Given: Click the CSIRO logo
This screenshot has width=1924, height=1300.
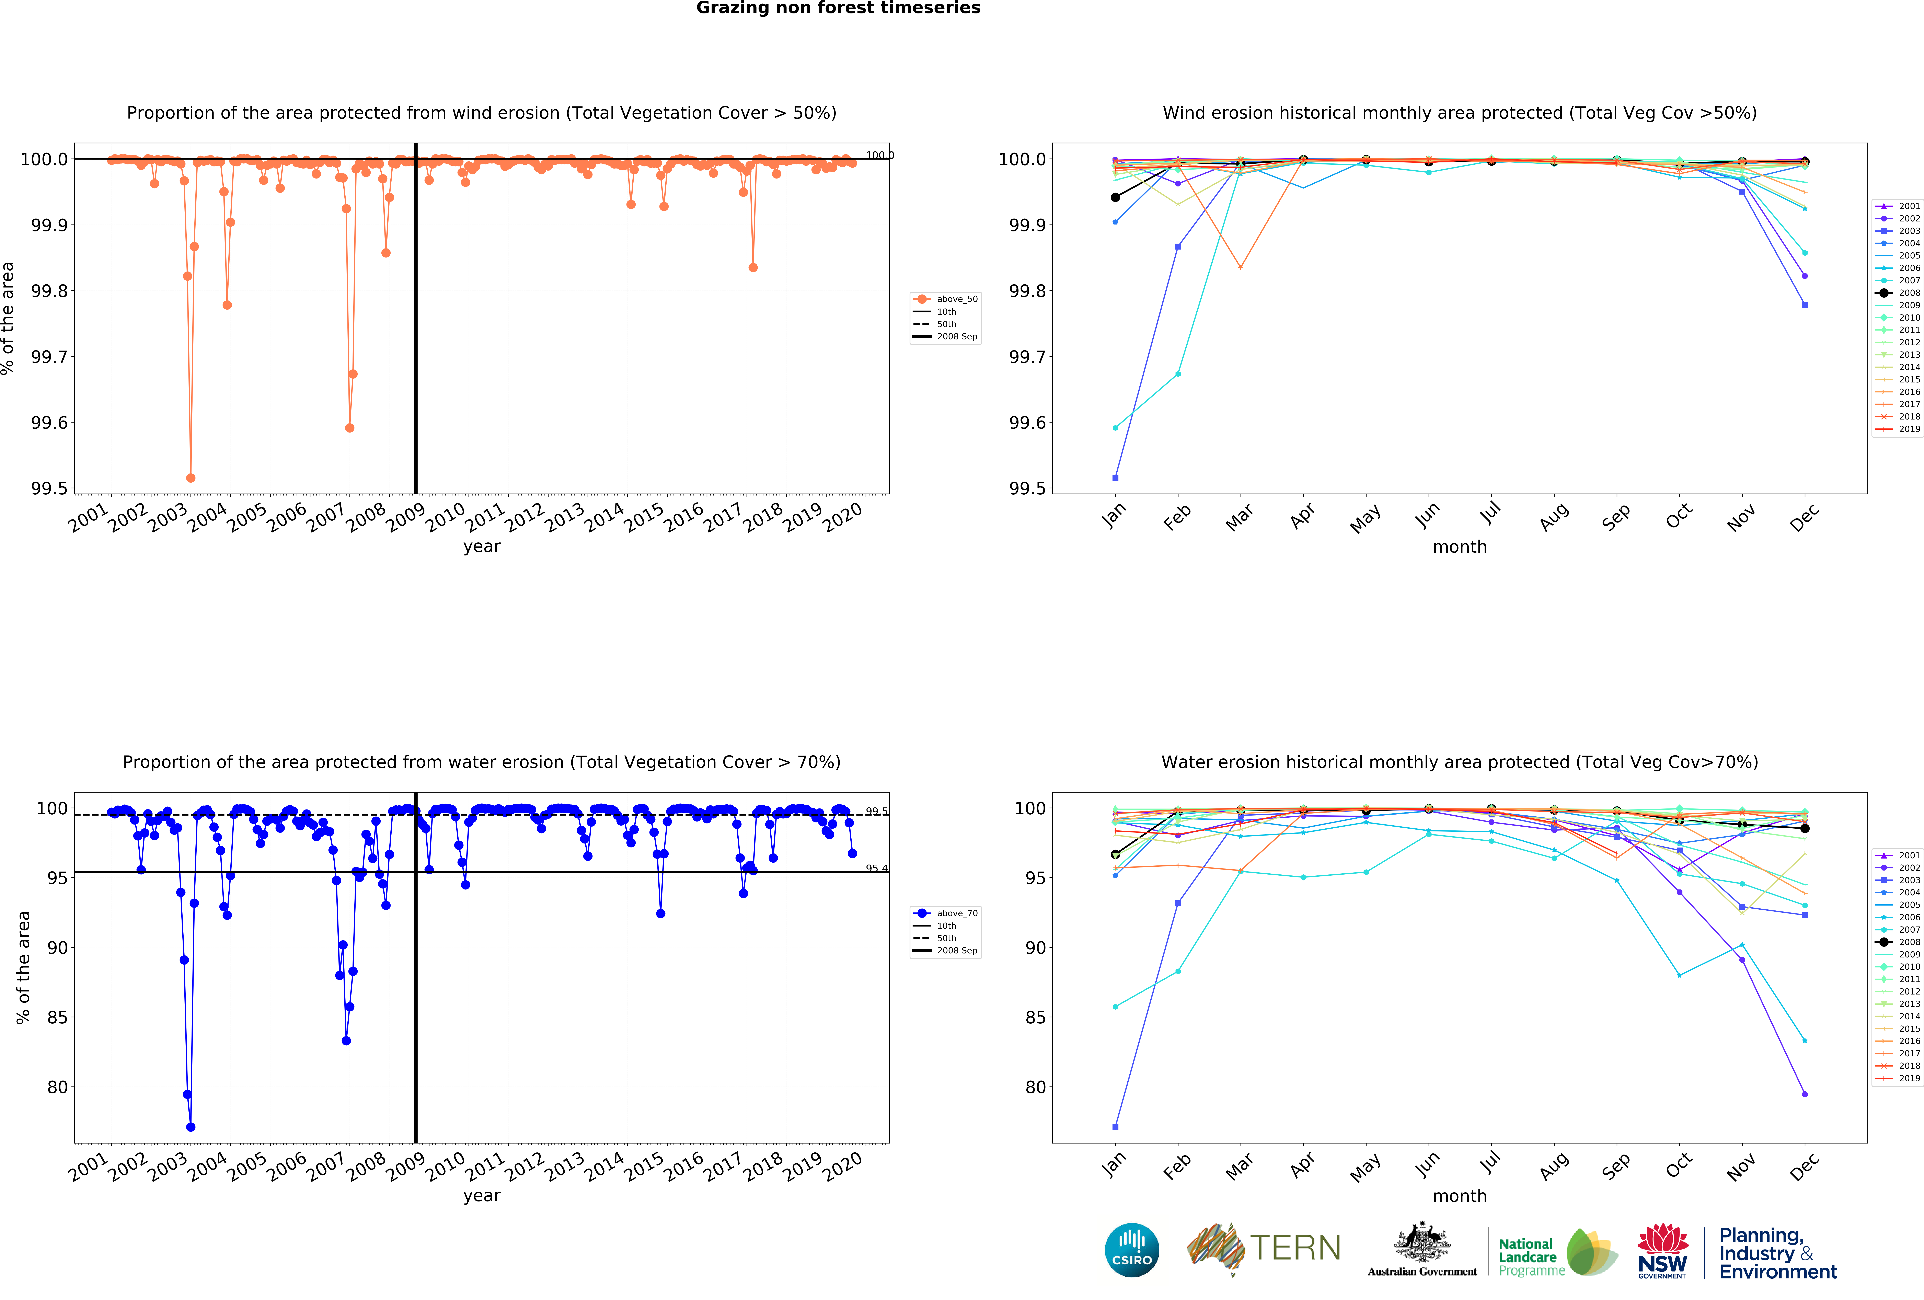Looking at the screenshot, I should tap(1132, 1250).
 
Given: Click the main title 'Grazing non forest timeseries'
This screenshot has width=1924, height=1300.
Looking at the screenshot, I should tap(838, 8).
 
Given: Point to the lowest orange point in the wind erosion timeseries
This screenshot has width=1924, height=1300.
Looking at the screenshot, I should tap(191, 478).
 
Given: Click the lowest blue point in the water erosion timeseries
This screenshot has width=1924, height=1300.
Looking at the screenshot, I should tap(191, 1127).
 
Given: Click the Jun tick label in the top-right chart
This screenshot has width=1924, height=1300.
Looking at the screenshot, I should tap(1427, 515).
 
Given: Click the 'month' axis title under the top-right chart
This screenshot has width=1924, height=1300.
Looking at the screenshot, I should tap(1460, 547).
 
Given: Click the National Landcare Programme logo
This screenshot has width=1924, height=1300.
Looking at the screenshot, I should tap(1556, 1250).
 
